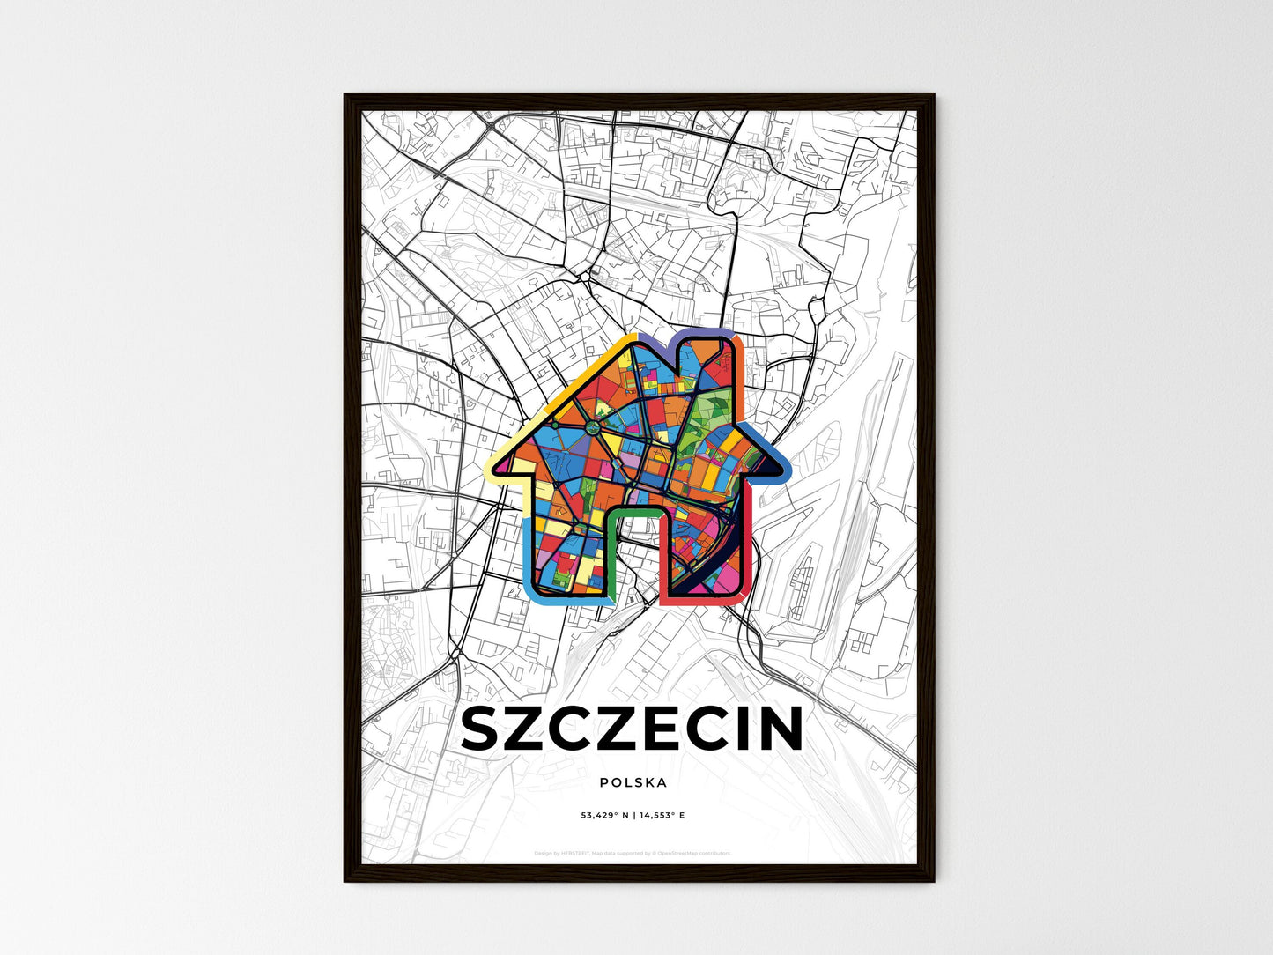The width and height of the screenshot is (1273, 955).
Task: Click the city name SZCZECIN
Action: (x=632, y=730)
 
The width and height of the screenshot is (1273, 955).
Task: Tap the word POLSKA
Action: (x=633, y=782)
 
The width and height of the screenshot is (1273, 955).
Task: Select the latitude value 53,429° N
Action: (x=604, y=815)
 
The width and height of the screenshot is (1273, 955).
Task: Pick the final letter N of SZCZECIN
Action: (x=780, y=730)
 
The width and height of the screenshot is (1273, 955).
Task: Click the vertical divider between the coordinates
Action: (x=633, y=815)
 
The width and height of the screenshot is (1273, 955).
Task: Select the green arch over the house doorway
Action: (x=634, y=512)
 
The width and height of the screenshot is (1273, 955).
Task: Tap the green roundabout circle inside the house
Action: (x=593, y=427)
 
